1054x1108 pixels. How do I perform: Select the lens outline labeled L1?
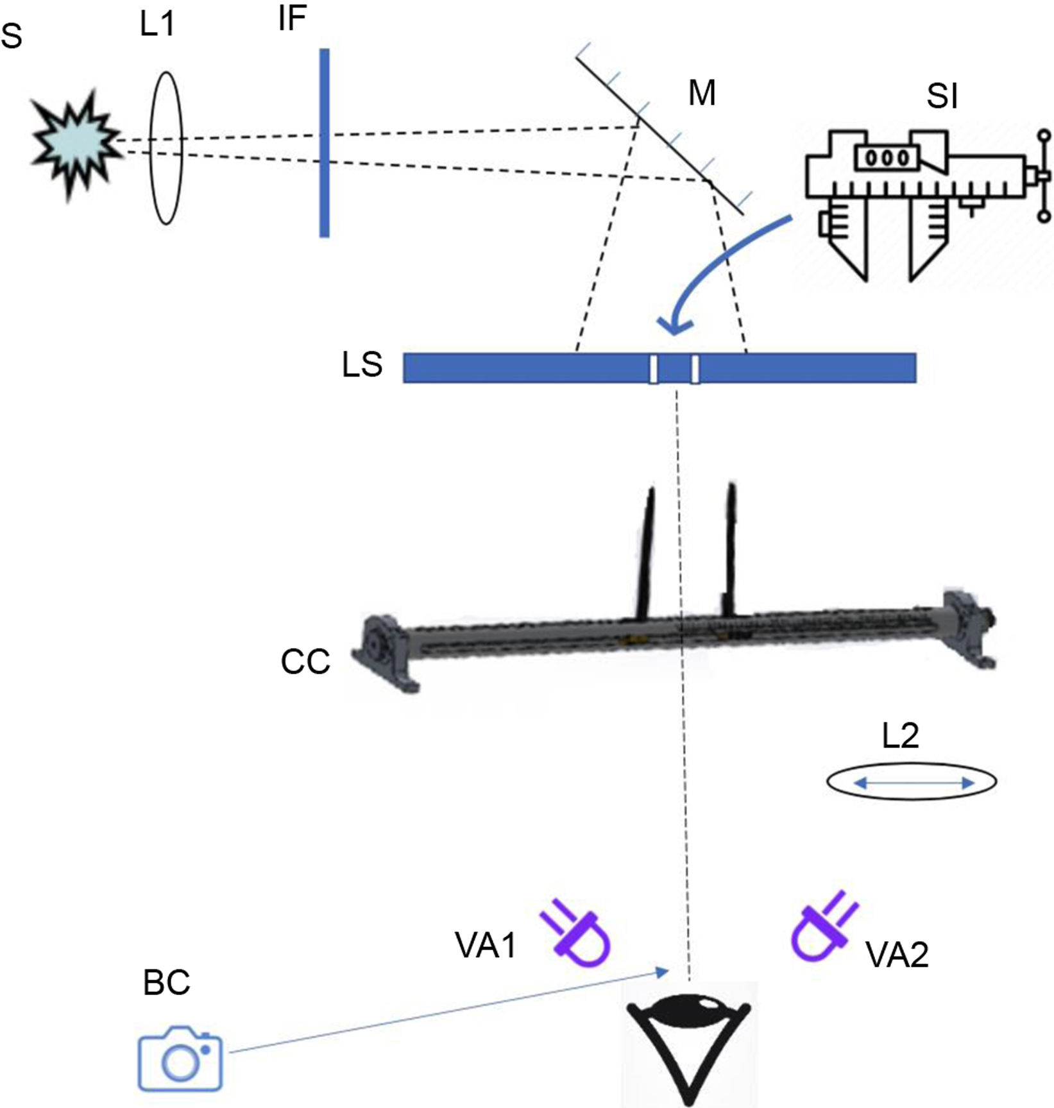click(x=166, y=148)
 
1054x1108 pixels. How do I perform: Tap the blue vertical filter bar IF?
click(x=325, y=142)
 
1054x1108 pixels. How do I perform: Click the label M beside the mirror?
click(x=702, y=94)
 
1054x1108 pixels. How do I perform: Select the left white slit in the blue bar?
click(x=653, y=368)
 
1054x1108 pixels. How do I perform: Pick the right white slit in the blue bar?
click(x=695, y=368)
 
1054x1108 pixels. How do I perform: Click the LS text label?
click(x=362, y=366)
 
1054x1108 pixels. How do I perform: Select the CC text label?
click(x=305, y=662)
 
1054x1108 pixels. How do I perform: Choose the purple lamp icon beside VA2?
click(x=822, y=928)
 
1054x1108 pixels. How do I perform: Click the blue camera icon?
click(x=180, y=1058)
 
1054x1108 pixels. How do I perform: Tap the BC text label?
click(x=167, y=982)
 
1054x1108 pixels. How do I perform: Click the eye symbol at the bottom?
click(x=688, y=1043)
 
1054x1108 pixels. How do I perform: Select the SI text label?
click(x=942, y=97)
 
